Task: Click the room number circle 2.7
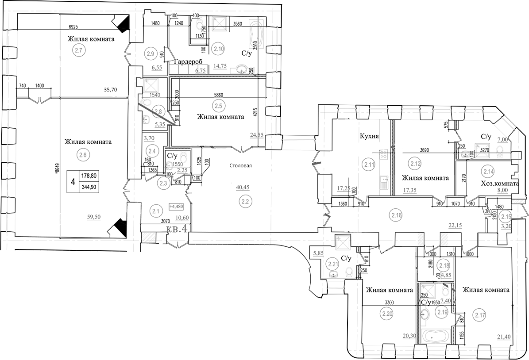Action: click(x=79, y=50)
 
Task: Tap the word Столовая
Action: click(x=240, y=166)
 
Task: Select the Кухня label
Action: click(x=369, y=137)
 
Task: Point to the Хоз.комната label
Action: click(x=499, y=183)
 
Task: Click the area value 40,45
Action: click(x=242, y=187)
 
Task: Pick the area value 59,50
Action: click(x=96, y=217)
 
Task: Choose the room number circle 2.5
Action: click(x=217, y=107)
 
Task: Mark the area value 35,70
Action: click(x=111, y=89)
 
